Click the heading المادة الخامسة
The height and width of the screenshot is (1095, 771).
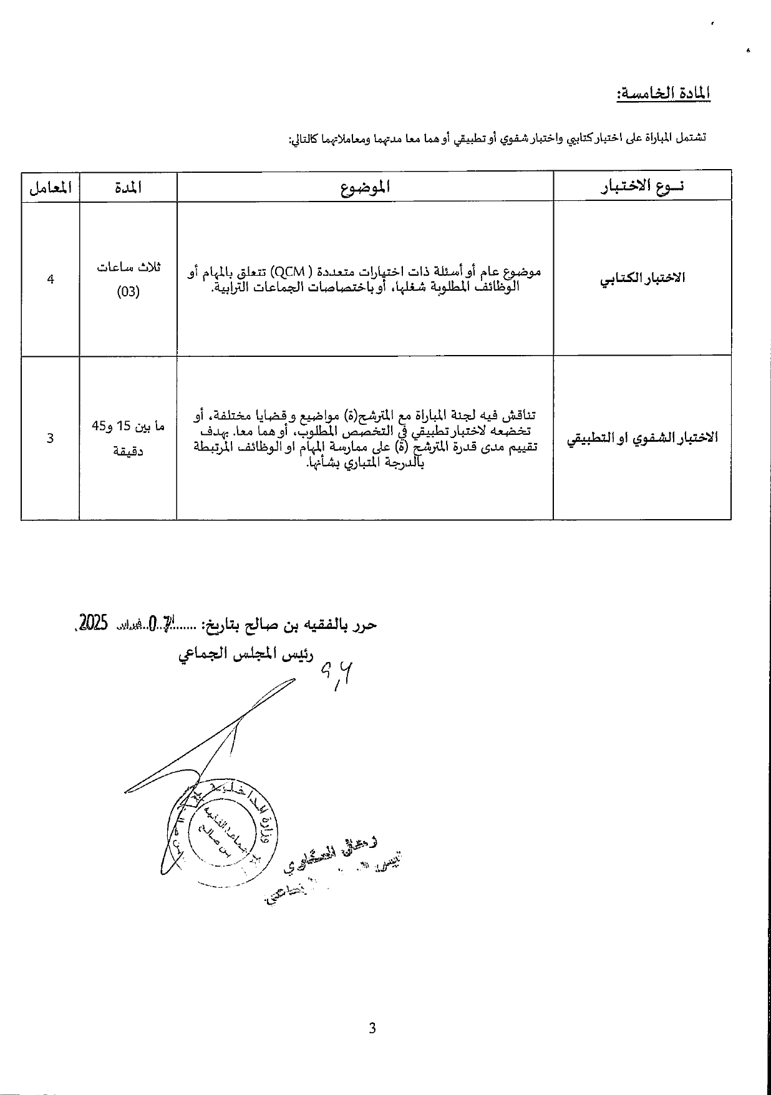coord(662,94)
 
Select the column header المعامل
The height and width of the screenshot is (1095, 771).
coord(51,187)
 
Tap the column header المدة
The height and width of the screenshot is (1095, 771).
coord(128,187)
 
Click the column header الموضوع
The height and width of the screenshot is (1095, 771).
coord(366,187)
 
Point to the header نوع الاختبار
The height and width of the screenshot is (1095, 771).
coord(642,187)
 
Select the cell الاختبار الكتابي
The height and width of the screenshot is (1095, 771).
coord(642,278)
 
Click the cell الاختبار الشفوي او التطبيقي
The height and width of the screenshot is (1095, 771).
coord(642,437)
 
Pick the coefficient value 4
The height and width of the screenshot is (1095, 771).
coord(51,279)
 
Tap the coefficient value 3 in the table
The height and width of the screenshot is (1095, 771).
coord(51,438)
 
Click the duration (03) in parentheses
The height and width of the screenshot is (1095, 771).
coord(128,292)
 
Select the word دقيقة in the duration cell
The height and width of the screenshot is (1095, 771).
coord(128,450)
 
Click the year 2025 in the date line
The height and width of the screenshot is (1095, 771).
coord(94,622)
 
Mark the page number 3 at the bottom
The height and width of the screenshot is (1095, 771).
coord(372,1028)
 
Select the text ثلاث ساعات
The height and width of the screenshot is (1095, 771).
coord(128,267)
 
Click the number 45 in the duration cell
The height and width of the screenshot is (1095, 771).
coord(99,426)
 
